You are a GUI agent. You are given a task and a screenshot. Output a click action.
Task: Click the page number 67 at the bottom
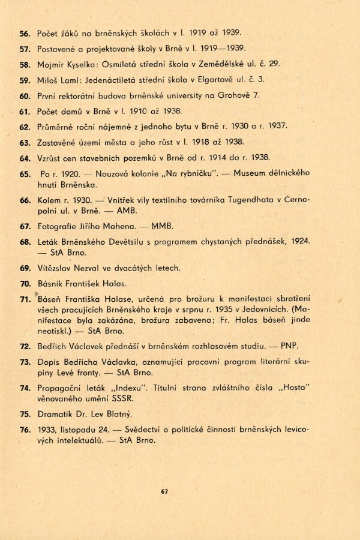[x=164, y=492]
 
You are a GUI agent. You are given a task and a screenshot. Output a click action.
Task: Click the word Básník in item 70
[x=50, y=283]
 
